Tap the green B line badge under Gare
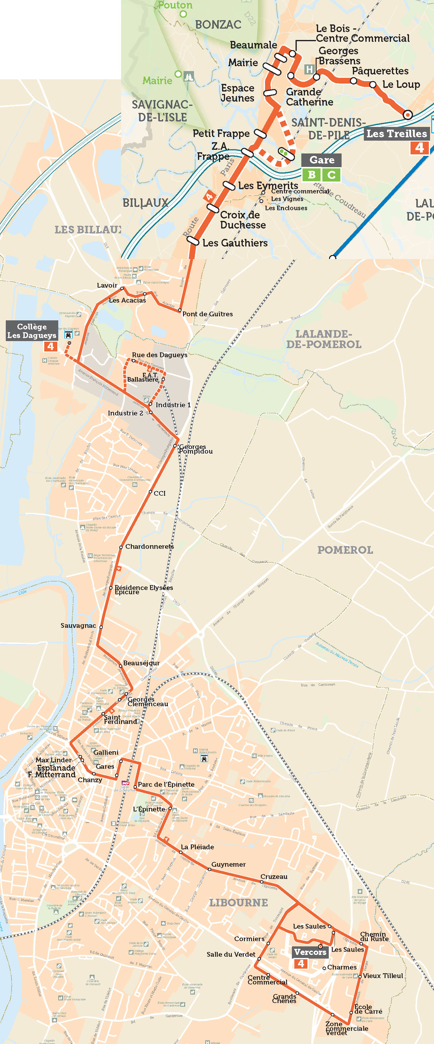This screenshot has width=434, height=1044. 311,175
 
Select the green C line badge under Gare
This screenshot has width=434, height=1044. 331,175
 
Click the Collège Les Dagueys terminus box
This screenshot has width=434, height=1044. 32,331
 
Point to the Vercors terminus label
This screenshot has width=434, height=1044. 310,952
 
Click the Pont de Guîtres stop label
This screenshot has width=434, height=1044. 207,314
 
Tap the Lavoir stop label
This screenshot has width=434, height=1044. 107,285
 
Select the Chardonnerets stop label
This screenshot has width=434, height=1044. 149,546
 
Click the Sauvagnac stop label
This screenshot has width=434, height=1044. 78,625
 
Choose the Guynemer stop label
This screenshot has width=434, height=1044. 228,865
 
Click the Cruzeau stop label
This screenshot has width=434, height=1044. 274,877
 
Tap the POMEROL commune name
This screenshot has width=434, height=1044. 345,550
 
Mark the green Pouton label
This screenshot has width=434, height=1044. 175,5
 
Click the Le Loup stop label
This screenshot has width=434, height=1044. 401,84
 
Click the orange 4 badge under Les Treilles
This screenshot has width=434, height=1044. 419,148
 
